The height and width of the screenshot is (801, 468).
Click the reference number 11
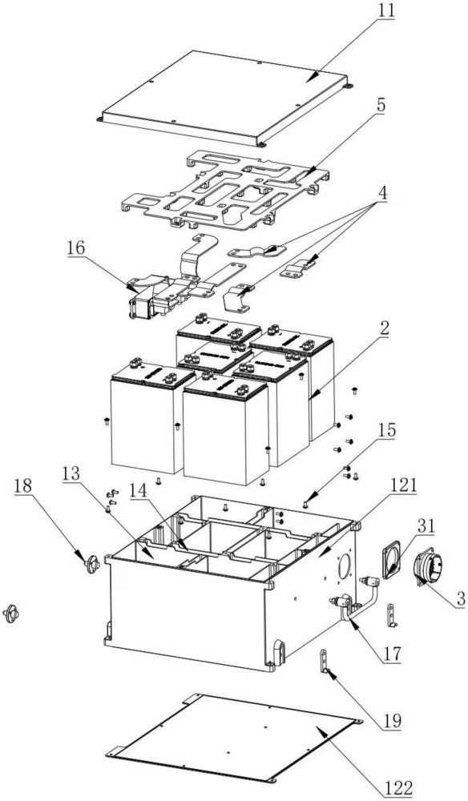386,10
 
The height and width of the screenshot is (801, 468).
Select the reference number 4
381,195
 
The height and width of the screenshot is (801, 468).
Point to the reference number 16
75,250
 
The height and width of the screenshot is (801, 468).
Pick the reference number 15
386,431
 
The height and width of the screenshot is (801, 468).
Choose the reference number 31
426,526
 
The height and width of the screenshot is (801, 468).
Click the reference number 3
460,598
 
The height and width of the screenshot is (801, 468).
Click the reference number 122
399,788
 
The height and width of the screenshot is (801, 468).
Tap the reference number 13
71,474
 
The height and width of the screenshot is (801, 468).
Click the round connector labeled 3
428,568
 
